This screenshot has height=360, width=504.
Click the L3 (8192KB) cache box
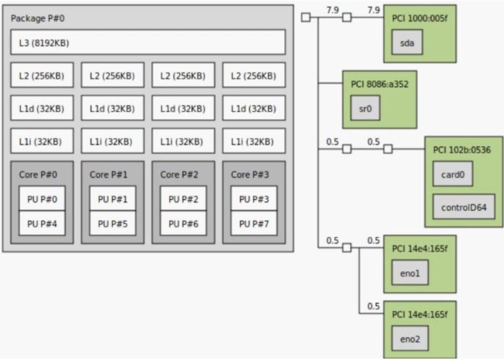(x=147, y=43)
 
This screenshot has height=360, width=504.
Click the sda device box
(x=407, y=43)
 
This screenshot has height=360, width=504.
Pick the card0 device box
(x=453, y=175)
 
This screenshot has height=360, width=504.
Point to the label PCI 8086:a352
(x=379, y=84)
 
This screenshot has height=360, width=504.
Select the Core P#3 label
(x=249, y=175)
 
